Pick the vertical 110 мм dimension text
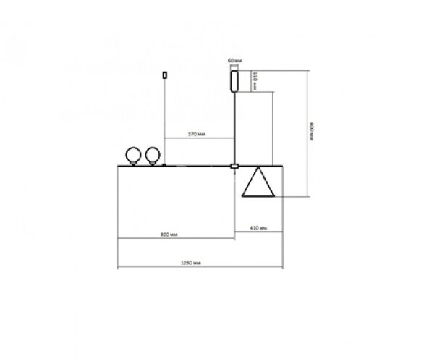coord(255,81)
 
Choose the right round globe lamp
coord(152,155)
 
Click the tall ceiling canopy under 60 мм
coord(234,80)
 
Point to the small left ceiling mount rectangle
coord(164,74)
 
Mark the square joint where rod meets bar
coord(234,166)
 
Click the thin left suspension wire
coord(164,116)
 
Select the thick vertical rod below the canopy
coord(234,127)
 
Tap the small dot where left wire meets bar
coord(164,165)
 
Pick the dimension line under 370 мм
coord(199,138)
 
